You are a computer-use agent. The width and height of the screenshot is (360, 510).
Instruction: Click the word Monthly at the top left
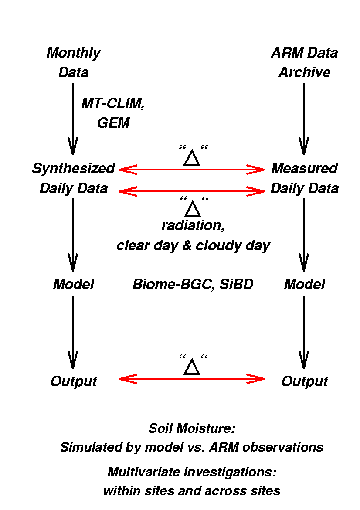74,53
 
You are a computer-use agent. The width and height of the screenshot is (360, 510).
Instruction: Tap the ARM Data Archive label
304,62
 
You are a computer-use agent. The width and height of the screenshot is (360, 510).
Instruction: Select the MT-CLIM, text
113,104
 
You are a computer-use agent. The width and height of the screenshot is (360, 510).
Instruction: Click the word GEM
113,123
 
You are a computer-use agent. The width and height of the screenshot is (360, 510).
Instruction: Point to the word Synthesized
74,169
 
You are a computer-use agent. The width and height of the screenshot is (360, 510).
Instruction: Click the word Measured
304,168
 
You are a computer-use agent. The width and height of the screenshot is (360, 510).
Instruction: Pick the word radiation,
193,225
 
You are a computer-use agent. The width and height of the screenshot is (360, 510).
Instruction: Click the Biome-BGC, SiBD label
193,284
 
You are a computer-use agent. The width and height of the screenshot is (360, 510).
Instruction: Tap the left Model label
74,284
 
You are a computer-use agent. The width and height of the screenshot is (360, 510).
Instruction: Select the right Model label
304,284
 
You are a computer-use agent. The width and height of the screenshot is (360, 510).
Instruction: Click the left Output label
74,381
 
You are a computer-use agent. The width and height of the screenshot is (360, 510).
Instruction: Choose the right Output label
304,381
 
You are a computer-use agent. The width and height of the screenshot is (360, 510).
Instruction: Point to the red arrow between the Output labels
192,379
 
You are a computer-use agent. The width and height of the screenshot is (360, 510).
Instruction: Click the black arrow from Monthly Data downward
72,119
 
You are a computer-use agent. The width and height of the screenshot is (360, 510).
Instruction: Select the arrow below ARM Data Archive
304,119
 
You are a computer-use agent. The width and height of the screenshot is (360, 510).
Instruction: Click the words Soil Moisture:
192,428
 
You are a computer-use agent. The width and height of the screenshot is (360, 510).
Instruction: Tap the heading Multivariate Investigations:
192,472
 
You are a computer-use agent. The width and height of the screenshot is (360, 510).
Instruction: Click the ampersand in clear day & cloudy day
187,245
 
